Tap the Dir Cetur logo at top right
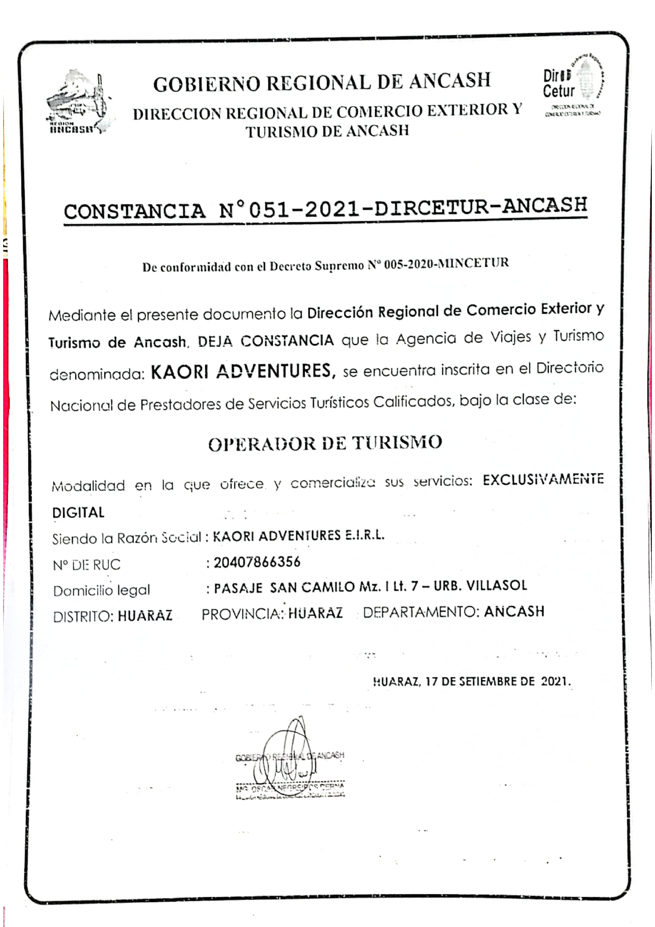point(574,85)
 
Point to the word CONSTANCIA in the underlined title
point(134,211)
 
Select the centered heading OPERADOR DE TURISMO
point(325,443)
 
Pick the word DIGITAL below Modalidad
point(78,512)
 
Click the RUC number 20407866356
point(257,563)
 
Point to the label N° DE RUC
point(87,565)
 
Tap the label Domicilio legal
point(101,590)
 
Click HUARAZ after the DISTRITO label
point(145,616)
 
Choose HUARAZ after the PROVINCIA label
point(316,613)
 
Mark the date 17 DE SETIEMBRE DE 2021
point(497,681)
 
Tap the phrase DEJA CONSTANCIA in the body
point(266,341)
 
